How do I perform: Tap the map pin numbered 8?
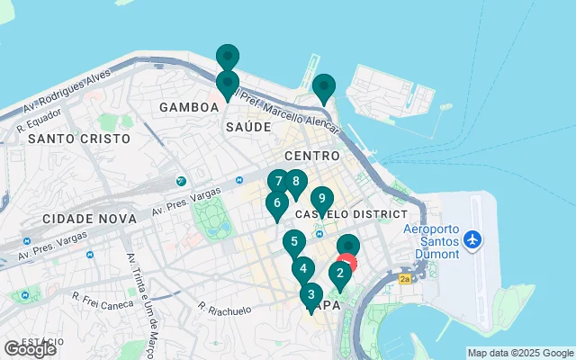[295, 181]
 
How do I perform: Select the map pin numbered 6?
[276, 202]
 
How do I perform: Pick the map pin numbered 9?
[321, 199]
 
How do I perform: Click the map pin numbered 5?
[293, 242]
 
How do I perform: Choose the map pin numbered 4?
[303, 268]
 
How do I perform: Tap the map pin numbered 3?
[310, 294]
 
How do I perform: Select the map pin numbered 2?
[340, 273]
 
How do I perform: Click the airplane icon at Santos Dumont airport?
[473, 241]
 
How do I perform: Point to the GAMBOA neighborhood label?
[189, 107]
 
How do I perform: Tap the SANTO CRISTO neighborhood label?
[79, 139]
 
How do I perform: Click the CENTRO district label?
[312, 157]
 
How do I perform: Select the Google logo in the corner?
[30, 349]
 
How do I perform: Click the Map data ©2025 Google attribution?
[520, 353]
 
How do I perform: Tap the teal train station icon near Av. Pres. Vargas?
[182, 181]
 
